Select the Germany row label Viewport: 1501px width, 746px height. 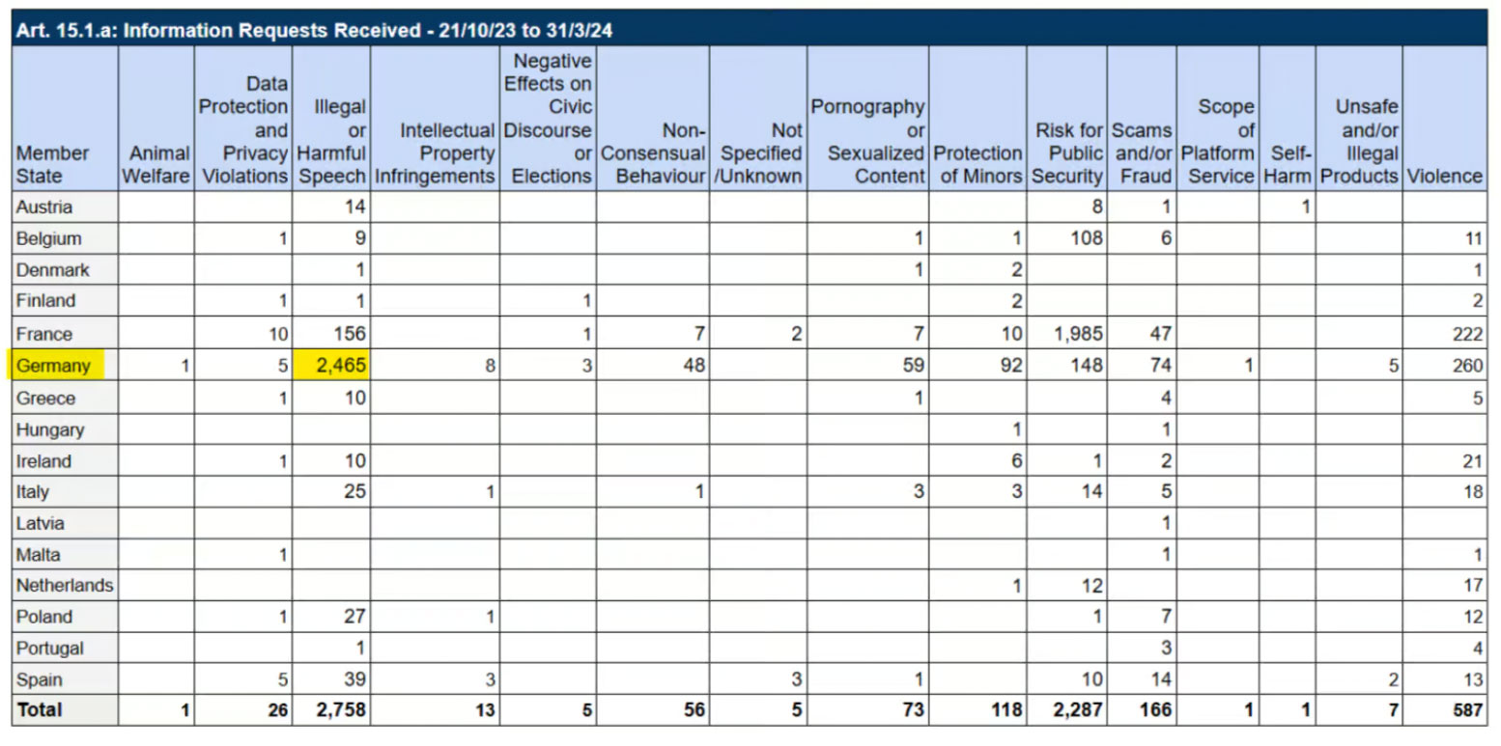tap(53, 366)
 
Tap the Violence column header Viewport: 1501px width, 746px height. tap(1444, 176)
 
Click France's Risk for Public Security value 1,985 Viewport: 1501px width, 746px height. tap(1078, 334)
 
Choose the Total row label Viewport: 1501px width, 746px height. tap(40, 710)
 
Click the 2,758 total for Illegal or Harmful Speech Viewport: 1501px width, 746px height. tap(341, 710)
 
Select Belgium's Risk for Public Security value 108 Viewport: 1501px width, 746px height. tap(1087, 238)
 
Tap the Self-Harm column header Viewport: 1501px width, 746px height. tap(1288, 165)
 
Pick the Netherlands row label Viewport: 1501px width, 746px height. tap(65, 586)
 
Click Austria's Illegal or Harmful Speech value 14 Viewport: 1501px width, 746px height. tap(355, 207)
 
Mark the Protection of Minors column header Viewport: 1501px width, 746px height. tap(977, 165)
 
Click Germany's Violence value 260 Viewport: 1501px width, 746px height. tap(1467, 366)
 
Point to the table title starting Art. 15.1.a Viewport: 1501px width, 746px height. tap(314, 30)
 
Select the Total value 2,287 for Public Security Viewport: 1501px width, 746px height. tap(1078, 710)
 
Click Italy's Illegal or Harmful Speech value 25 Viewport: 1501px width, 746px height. tap(355, 491)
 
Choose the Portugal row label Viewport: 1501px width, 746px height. tap(49, 649)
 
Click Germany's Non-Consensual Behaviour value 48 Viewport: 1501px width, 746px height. tap(694, 366)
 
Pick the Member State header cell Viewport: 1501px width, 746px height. tap(52, 165)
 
